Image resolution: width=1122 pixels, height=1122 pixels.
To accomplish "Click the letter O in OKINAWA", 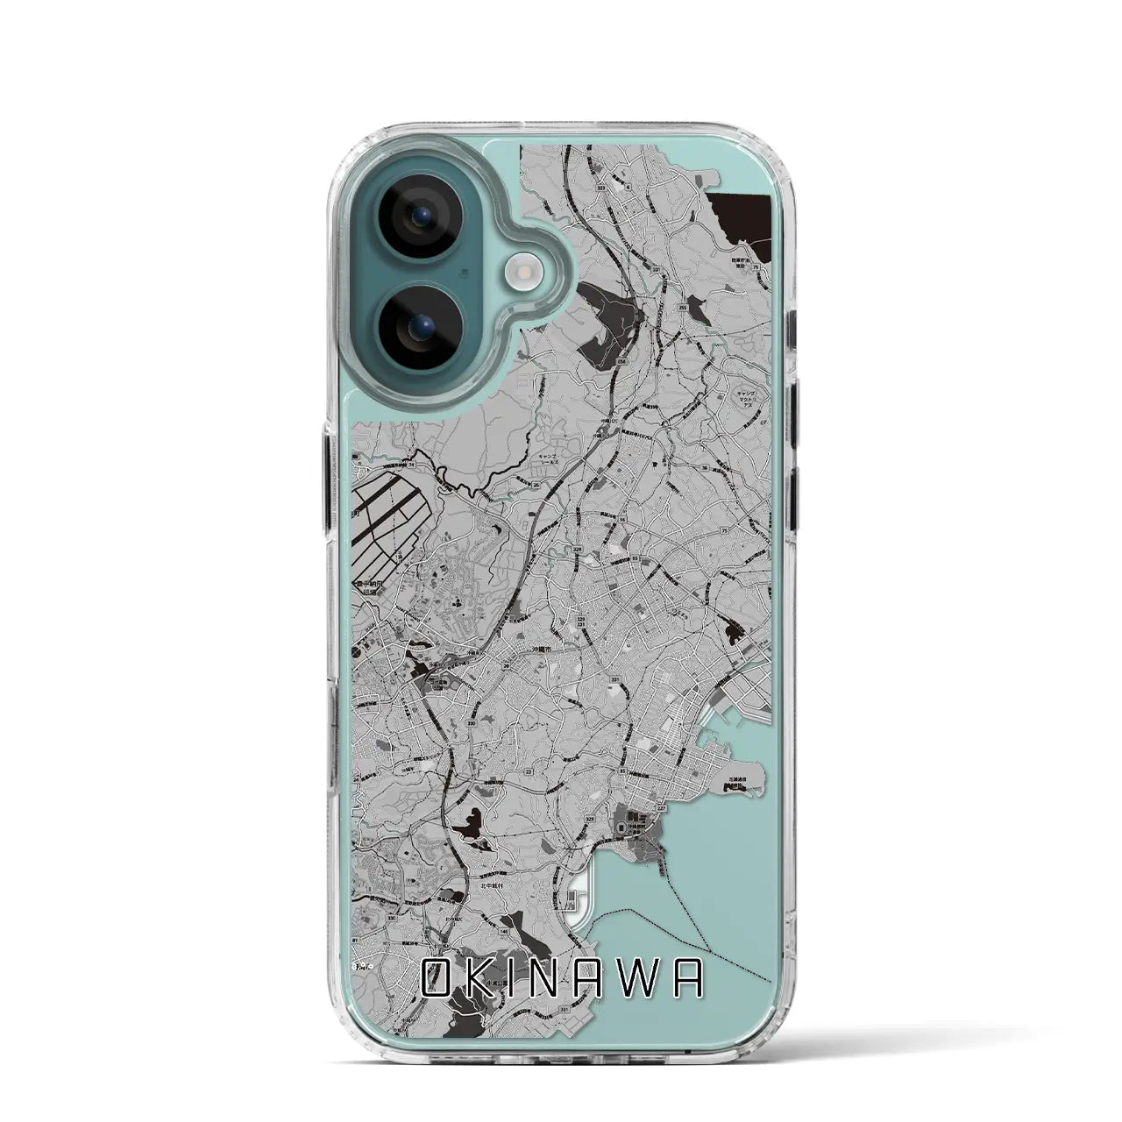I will pos(438,979).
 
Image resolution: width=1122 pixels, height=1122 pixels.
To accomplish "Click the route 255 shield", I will pos(682,309).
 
